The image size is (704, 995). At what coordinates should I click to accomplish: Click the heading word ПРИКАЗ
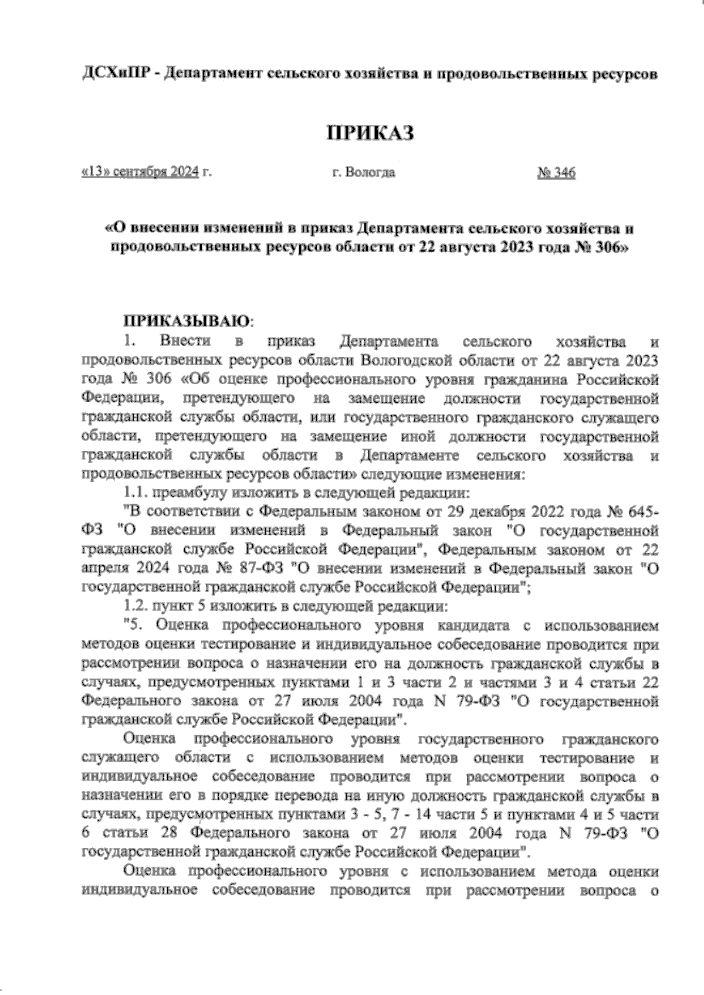pos(370,133)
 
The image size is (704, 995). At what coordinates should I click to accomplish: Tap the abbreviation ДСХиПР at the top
pos(118,74)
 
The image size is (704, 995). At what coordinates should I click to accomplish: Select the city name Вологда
pos(369,173)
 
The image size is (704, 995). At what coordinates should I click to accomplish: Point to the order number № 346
pos(556,173)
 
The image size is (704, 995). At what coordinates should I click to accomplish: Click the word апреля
pos(104,568)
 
